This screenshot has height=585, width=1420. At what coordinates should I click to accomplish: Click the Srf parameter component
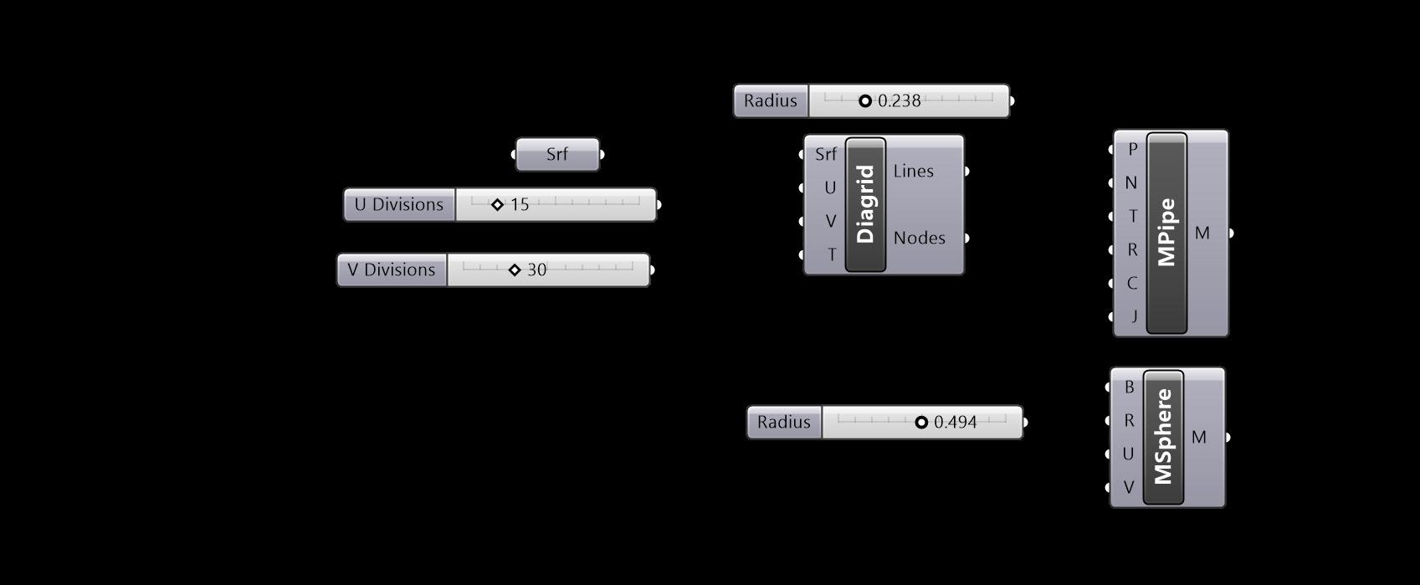tap(557, 155)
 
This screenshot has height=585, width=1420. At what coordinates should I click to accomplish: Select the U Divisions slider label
tap(399, 205)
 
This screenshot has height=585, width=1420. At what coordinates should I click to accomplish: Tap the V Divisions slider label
tap(392, 270)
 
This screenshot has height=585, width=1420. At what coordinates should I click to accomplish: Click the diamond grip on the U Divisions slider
tap(497, 205)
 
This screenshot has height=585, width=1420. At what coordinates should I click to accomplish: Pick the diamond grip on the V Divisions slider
tap(515, 270)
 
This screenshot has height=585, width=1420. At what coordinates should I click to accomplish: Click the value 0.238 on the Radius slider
tap(900, 101)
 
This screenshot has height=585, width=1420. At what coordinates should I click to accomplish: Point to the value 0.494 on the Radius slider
tap(956, 423)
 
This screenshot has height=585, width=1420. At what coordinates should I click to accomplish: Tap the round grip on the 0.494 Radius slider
tap(921, 423)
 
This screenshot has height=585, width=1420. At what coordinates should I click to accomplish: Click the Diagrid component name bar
tap(865, 205)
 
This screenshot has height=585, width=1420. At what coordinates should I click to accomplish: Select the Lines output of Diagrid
tap(913, 172)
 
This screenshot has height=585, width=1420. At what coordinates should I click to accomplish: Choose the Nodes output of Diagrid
tap(919, 239)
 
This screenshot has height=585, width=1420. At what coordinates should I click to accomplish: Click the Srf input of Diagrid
tap(825, 155)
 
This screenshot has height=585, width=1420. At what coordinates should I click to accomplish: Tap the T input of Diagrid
tap(831, 254)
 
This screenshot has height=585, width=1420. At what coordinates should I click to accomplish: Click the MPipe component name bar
tap(1166, 233)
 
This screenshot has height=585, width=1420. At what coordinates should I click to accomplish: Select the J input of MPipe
tap(1134, 316)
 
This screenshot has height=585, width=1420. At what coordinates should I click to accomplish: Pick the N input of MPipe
tap(1131, 183)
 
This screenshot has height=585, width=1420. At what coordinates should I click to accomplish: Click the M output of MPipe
tap(1202, 233)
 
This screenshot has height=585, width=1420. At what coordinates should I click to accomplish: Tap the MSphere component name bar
tap(1163, 437)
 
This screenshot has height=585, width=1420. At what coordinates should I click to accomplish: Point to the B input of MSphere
tap(1129, 387)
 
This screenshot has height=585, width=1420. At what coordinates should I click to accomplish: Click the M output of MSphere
tap(1199, 437)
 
